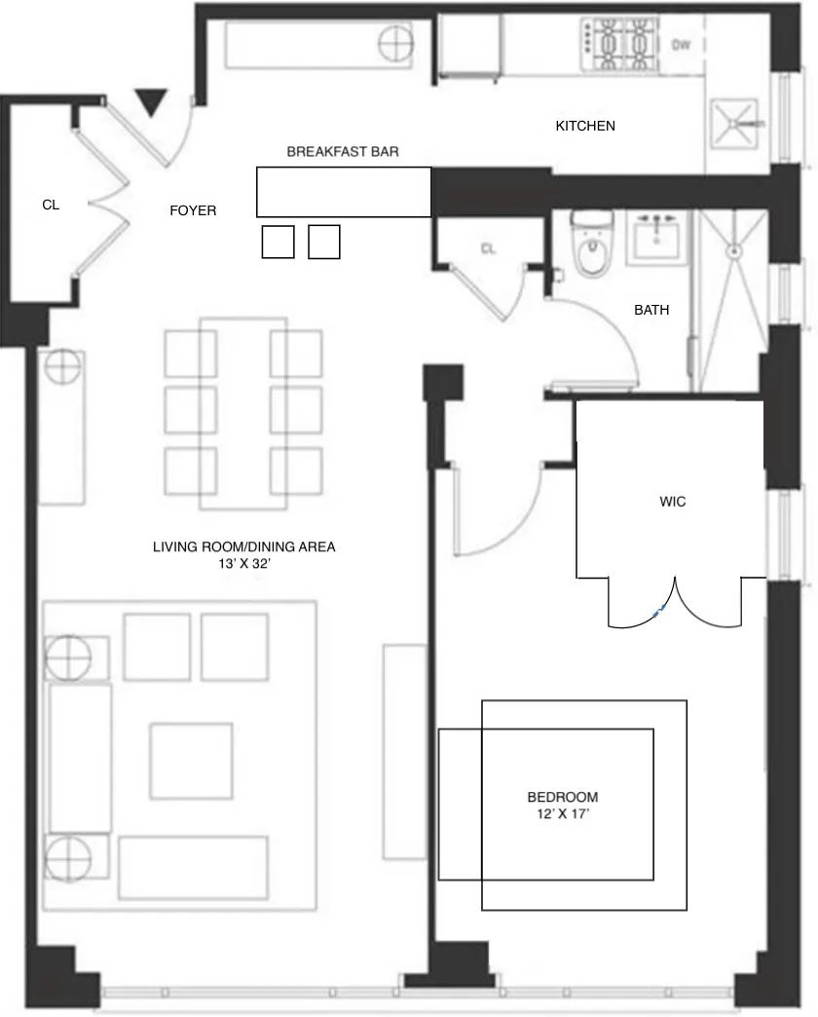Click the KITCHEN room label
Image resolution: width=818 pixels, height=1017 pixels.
[585, 126]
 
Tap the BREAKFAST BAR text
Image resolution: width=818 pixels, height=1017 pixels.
[343, 152]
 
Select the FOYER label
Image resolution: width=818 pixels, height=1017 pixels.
[193, 210]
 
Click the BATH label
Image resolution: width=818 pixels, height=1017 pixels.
[651, 311]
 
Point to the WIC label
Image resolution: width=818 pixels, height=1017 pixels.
[673, 502]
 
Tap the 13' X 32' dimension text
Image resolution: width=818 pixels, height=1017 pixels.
[243, 563]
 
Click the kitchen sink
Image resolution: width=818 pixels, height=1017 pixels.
[738, 125]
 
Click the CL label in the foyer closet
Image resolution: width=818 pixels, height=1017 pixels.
[51, 206]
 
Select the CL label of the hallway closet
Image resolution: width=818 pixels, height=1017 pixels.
[488, 248]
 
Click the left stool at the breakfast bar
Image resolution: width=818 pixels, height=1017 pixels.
[278, 242]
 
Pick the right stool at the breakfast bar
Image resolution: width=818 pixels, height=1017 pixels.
[324, 242]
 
